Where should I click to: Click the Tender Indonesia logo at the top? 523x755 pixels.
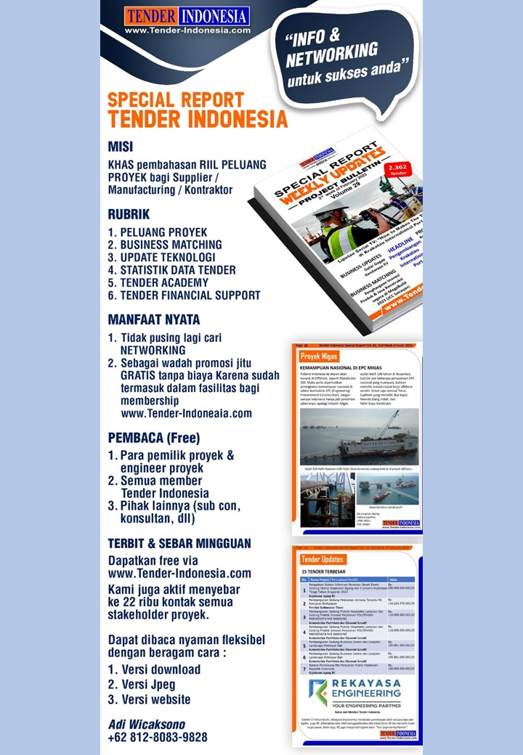click(x=187, y=16)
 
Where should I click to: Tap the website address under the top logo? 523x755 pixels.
click(x=187, y=30)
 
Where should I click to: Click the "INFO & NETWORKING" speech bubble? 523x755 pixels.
click(x=341, y=58)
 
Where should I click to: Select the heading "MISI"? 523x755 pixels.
click(x=121, y=146)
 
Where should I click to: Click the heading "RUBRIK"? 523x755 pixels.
click(x=129, y=214)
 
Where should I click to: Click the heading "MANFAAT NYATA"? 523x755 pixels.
click(x=153, y=319)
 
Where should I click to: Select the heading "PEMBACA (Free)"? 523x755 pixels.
click(x=153, y=438)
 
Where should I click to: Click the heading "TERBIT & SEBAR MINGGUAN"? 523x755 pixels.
click(x=179, y=543)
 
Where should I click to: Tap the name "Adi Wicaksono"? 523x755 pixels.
click(x=147, y=725)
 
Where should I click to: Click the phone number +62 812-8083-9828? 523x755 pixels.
click(x=158, y=737)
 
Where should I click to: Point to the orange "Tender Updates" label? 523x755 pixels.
click(x=323, y=559)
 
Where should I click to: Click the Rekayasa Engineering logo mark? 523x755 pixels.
click(x=318, y=691)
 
